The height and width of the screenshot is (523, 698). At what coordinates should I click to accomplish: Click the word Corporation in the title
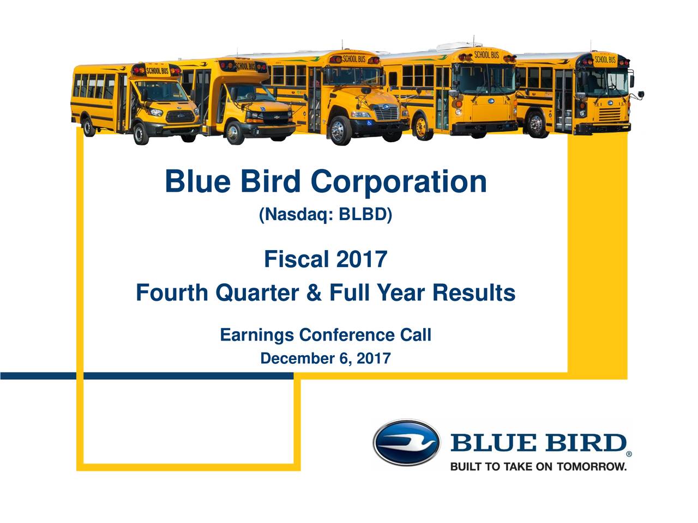coord(399,182)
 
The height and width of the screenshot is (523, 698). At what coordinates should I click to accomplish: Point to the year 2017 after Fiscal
coord(361,259)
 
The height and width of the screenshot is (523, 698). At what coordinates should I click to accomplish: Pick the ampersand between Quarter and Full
coord(314,293)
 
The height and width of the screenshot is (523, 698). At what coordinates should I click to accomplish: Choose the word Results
coord(474,293)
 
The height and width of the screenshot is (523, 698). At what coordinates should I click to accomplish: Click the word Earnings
coord(257,335)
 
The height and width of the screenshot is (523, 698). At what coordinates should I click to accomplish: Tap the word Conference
coord(347,335)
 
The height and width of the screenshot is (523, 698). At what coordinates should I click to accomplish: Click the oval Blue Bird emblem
coord(406,442)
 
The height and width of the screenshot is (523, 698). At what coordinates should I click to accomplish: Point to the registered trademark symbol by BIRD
coord(629,453)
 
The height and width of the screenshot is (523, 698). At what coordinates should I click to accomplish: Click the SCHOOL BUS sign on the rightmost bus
coord(605,59)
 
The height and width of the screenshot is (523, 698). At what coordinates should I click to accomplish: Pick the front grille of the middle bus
coord(387,113)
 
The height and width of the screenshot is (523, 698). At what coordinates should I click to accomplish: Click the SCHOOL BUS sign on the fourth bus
coord(486,55)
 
